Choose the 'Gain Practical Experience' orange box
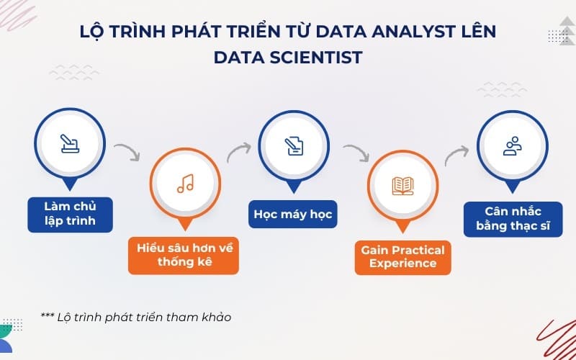pos(403,256)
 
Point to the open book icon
pos(403,186)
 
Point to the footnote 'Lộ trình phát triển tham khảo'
pos(136,316)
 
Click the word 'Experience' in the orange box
pos(403,264)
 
